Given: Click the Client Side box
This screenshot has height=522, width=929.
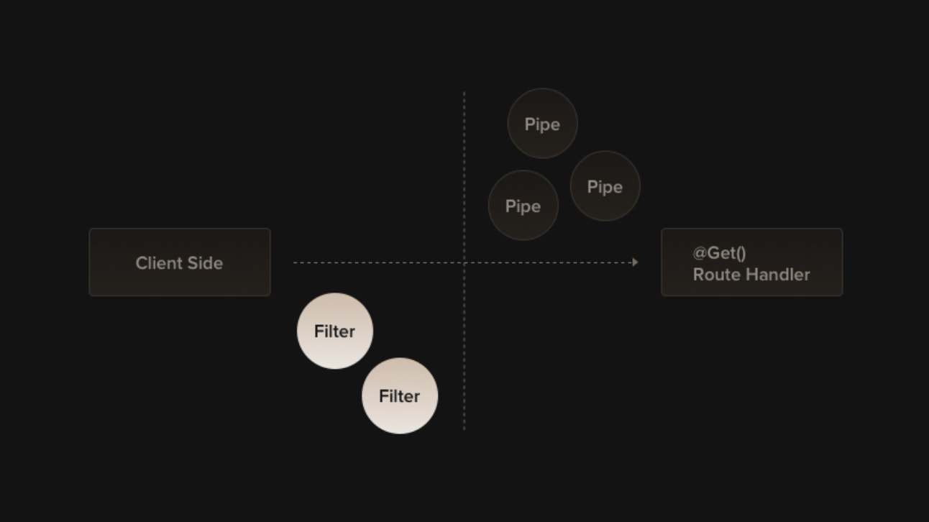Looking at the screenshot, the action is tap(180, 262).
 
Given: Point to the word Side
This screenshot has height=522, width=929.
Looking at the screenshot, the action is tap(206, 263).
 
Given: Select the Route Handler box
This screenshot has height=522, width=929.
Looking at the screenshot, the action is tap(751, 262).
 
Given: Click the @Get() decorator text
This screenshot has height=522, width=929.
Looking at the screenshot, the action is tap(719, 253).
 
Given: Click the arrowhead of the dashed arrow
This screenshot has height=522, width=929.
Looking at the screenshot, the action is tap(635, 262).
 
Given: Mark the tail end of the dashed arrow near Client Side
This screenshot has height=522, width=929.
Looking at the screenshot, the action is tap(295, 262).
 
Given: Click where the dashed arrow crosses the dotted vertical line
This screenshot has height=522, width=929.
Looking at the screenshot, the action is tap(464, 262).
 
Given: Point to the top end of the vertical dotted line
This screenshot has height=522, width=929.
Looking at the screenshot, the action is tap(464, 93).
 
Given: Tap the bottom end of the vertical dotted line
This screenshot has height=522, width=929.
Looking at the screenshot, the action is tap(464, 429).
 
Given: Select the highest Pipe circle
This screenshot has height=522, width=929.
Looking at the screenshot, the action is tap(542, 124).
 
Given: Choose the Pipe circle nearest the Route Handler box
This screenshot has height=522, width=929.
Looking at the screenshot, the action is tap(605, 186).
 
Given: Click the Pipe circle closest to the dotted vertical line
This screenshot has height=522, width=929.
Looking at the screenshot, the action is tap(523, 206).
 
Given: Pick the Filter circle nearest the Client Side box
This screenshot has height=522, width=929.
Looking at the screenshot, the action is tap(335, 331).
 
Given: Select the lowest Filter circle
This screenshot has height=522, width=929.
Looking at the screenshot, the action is tap(400, 395).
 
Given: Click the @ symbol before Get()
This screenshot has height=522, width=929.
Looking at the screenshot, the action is tap(700, 253).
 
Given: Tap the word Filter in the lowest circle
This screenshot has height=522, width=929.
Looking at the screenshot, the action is tap(400, 396).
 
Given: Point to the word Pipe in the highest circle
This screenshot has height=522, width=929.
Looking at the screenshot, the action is tap(542, 124).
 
